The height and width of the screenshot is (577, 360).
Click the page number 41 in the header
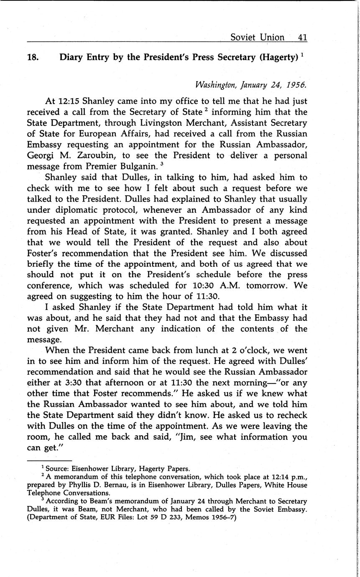point(303,37)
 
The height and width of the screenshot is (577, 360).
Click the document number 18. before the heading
point(33,57)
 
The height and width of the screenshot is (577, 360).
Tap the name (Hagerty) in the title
point(277,57)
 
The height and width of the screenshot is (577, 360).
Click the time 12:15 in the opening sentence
point(69,101)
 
